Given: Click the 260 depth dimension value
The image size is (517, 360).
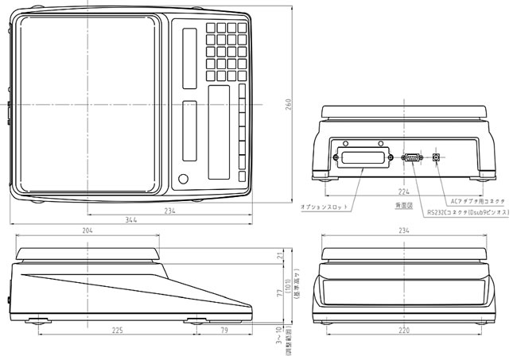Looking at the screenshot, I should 289,105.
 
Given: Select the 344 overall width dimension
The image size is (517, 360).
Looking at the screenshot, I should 128,219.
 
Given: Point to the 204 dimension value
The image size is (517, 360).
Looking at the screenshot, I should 87,230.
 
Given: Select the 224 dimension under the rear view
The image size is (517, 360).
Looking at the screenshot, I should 404,191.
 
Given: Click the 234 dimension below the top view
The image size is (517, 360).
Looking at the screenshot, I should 170,211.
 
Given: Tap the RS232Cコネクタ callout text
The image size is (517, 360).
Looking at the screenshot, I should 466,213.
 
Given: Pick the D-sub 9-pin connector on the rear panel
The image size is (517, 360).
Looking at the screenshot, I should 412,158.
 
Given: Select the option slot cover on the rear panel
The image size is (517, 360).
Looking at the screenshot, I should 363,157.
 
